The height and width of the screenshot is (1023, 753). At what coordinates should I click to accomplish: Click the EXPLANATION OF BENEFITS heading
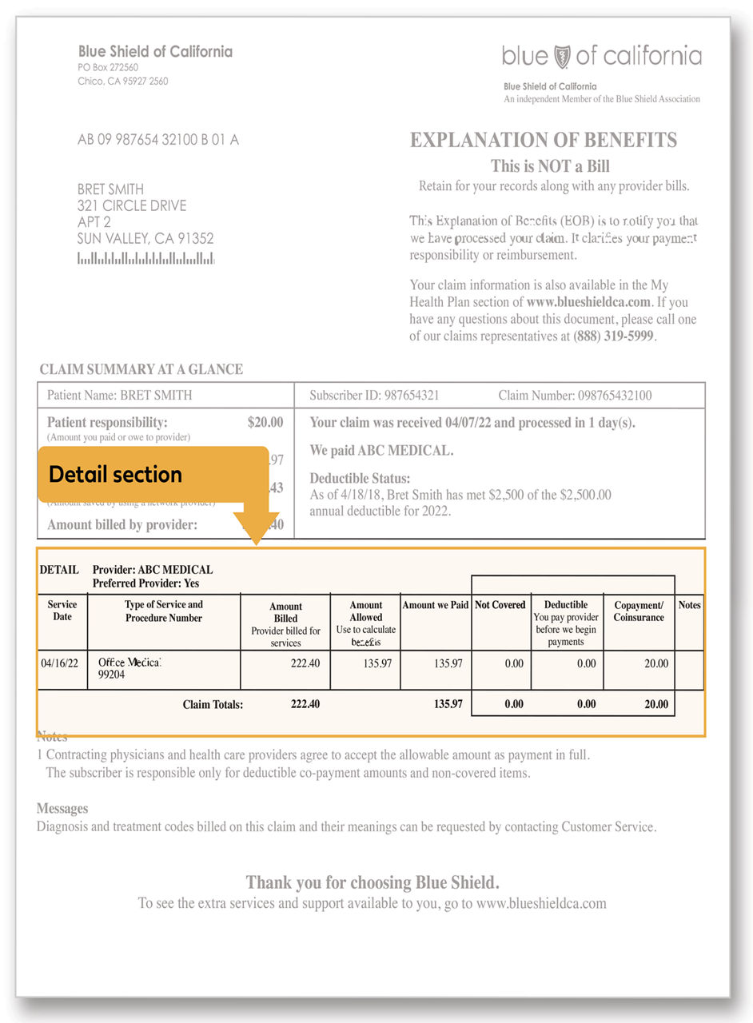point(544,140)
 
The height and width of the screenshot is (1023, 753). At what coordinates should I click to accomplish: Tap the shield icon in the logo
point(562,56)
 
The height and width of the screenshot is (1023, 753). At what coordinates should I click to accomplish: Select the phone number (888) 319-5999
point(615,336)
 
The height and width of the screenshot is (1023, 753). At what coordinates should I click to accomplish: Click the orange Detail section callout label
point(116,475)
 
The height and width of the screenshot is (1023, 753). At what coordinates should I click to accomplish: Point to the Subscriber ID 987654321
point(374,396)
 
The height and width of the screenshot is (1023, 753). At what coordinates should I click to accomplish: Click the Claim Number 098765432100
point(575,396)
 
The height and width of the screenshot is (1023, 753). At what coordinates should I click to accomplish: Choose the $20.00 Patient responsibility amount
point(265,422)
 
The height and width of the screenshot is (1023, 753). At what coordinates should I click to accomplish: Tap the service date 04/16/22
point(61,663)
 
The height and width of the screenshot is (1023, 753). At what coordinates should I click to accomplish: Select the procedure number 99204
point(112,675)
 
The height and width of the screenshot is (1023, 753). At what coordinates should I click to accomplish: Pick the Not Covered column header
point(500,605)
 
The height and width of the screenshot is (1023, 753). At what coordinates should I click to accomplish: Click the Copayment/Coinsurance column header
point(639,611)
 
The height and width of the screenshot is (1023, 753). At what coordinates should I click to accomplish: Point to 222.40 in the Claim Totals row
point(305,704)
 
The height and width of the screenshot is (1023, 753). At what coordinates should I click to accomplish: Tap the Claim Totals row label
point(213,705)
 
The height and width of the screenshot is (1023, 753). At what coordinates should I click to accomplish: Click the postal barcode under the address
point(145,258)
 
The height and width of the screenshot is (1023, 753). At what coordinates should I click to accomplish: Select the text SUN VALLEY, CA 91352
point(145,239)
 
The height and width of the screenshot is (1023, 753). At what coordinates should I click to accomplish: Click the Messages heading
point(62,809)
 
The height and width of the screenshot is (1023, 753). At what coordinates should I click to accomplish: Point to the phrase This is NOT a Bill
point(550,166)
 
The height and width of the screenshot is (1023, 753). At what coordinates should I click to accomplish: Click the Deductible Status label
point(360,478)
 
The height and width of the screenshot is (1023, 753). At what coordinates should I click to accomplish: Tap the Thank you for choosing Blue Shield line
point(373,883)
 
